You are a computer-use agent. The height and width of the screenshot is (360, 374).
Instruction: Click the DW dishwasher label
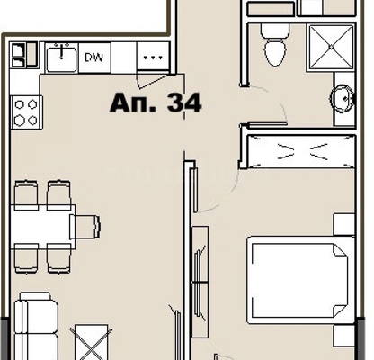(93, 58)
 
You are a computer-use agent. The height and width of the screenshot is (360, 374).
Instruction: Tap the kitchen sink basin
(61, 58)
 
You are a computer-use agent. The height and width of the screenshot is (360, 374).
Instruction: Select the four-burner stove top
(26, 112)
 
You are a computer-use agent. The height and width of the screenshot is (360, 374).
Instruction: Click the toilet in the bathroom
(275, 45)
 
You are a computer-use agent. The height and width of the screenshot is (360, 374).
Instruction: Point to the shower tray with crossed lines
(331, 48)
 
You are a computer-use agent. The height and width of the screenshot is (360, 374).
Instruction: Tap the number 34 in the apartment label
(184, 103)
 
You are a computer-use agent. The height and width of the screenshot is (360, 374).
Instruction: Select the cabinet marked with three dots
(153, 57)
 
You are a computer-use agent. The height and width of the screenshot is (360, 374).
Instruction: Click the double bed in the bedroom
(301, 280)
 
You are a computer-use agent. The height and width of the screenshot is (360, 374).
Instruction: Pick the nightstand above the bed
(344, 224)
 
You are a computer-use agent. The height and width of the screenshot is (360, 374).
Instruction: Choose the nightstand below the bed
(344, 336)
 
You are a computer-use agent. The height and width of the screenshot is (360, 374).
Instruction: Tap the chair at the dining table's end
(85, 227)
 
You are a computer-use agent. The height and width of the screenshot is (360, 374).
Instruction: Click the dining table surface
(42, 227)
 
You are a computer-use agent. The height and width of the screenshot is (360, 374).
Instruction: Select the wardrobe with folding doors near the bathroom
(301, 152)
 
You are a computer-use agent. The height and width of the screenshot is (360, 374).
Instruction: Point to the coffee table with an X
(91, 342)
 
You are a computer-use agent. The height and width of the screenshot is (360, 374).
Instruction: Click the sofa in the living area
(36, 326)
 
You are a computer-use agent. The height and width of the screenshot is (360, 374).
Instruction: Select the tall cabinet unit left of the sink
(24, 55)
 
